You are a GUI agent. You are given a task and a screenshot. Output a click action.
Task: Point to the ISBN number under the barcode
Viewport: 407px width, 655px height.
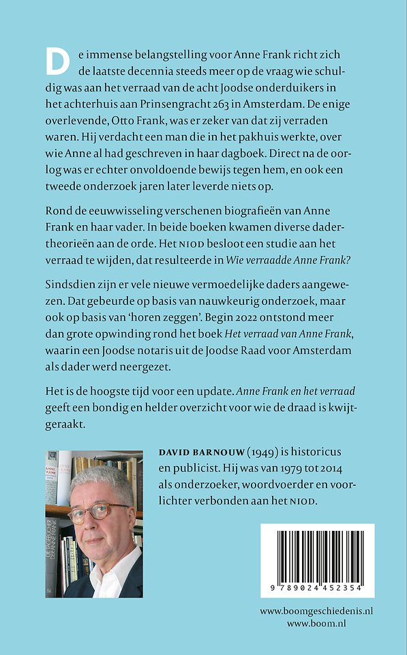pyautogui.click(x=317, y=589)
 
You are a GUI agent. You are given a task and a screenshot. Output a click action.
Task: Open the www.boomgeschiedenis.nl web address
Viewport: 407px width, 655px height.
pyautogui.click(x=316, y=611)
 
